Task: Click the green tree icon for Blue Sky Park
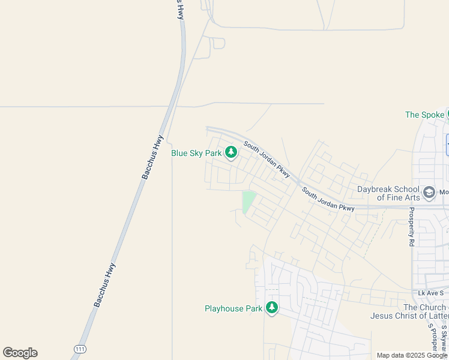[x=231, y=152]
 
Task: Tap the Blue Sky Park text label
[x=196, y=153]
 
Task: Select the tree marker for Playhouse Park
[x=272, y=308]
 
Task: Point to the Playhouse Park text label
[x=234, y=308]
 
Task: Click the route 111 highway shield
[x=79, y=349]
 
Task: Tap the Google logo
[x=20, y=353]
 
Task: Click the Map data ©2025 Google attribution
[x=412, y=355]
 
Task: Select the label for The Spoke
[x=424, y=115]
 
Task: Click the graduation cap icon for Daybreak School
[x=429, y=192]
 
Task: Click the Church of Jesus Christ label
[x=408, y=311]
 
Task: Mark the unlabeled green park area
[x=248, y=201]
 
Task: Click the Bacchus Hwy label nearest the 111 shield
[x=104, y=285]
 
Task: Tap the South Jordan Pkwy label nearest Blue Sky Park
[x=267, y=160]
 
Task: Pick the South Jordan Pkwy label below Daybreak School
[x=328, y=200]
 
